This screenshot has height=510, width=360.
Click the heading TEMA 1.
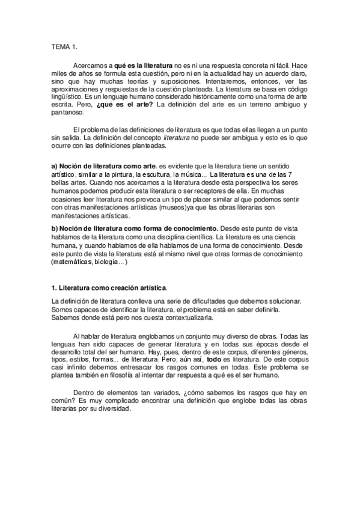[x=65, y=46]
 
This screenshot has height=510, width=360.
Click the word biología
[x=104, y=262]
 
